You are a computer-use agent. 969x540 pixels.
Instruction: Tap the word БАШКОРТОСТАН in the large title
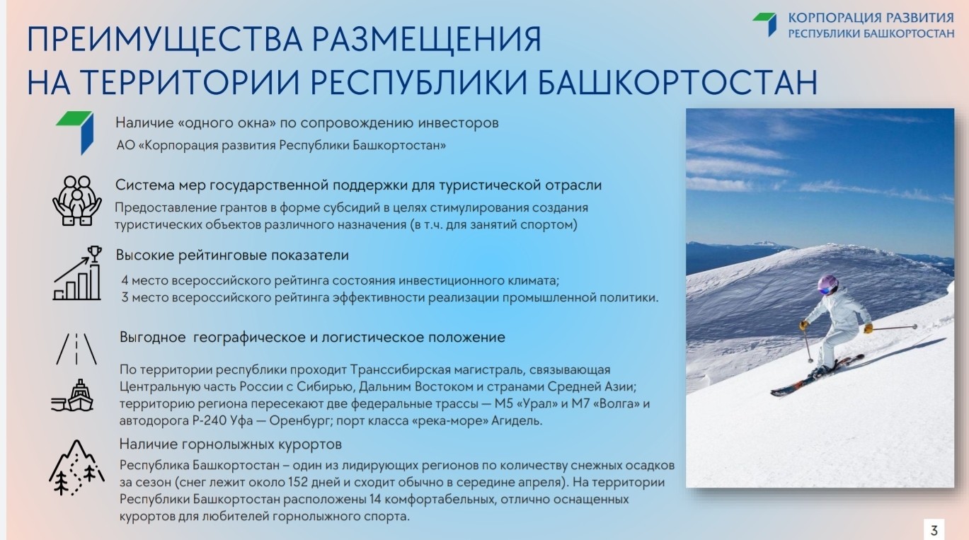pyautogui.click(x=677, y=82)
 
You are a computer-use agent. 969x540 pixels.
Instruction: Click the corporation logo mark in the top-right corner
pyautogui.click(x=765, y=24)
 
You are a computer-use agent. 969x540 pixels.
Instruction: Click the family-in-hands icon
pyautogui.click(x=77, y=200)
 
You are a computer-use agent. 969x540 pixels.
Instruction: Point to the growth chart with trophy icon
pyautogui.click(x=77, y=273)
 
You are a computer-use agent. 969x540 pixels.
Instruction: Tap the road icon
pyautogui.click(x=76, y=349)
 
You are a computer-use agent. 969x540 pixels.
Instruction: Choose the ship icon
pyautogui.click(x=73, y=396)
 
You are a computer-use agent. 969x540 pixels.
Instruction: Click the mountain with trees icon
pyautogui.click(x=76, y=468)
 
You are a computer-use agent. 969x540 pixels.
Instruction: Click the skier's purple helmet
pyautogui.click(x=827, y=285)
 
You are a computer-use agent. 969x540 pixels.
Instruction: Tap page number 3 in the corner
pyautogui.click(x=934, y=530)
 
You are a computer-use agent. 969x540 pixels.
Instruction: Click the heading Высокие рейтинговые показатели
pyautogui.click(x=232, y=255)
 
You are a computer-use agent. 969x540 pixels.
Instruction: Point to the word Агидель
pyautogui.click(x=517, y=420)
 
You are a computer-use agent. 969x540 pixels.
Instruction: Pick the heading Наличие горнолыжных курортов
pyautogui.click(x=231, y=444)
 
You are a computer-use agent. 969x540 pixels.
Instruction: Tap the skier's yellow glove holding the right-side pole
pyautogui.click(x=868, y=328)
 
